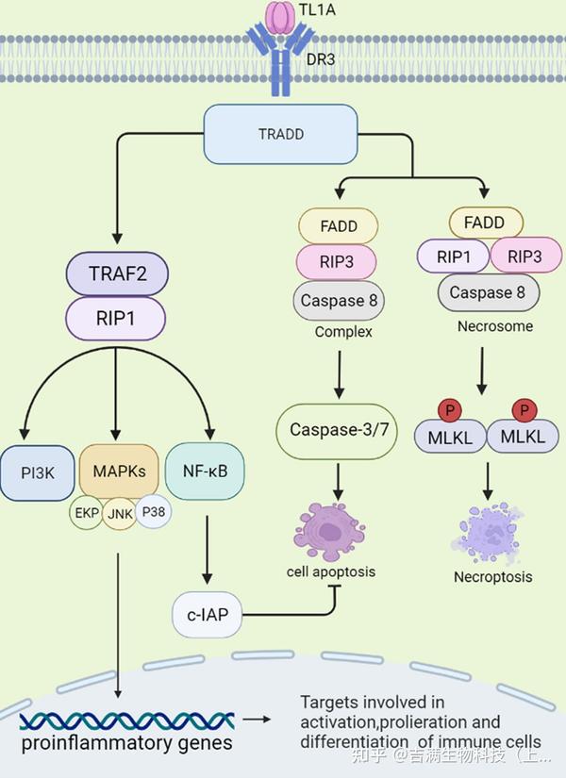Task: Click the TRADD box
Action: click(x=280, y=133)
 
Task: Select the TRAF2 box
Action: click(x=116, y=275)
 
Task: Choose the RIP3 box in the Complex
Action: click(x=338, y=262)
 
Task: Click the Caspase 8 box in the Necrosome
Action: click(x=487, y=292)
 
